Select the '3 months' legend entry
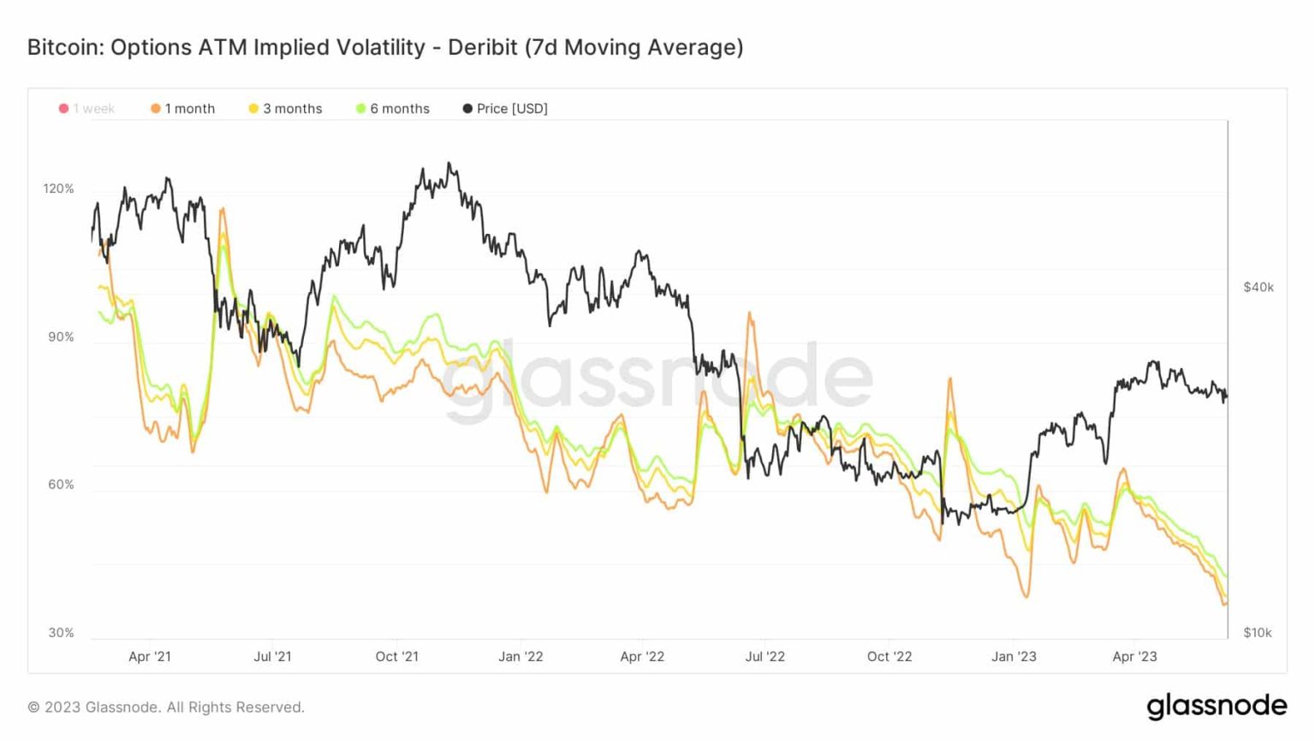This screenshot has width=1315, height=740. pos(285,109)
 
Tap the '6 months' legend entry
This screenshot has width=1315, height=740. pos(393,109)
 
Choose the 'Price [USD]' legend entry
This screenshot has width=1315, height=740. pos(505,109)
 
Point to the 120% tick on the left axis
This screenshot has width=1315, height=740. pos(58,188)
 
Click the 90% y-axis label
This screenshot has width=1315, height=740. pos(61,337)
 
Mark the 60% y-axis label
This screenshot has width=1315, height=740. pos(61,485)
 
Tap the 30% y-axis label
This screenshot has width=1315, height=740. pos(61,633)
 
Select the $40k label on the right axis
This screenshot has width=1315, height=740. pos(1258,287)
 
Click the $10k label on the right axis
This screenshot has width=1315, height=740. pos(1258,633)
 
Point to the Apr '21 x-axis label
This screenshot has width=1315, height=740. pos(150,657)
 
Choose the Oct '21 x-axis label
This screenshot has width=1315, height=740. pos(397,657)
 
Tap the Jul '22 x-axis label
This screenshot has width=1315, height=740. pos(765,657)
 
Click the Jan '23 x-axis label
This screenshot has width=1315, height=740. pos(1014,657)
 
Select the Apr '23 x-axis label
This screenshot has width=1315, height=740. pos(1134,657)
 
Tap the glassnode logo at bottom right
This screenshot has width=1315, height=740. pos(1217,706)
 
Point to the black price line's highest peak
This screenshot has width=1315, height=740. pos(449,163)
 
